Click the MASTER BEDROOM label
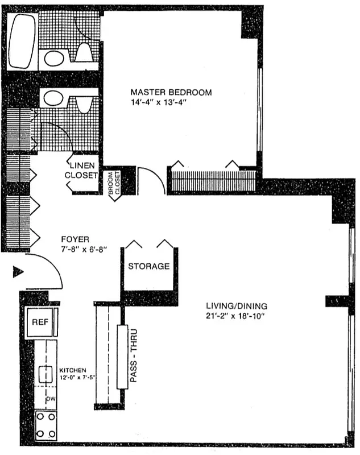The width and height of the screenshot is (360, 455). [x=171, y=92]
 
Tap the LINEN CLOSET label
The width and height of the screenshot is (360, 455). [x=81, y=170]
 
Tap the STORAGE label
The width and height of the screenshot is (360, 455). [x=148, y=266]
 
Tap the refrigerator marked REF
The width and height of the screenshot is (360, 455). [x=40, y=322]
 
